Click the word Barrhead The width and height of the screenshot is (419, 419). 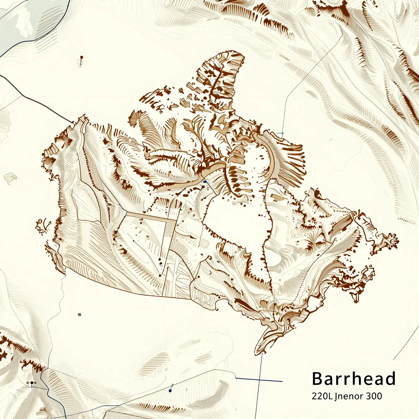tap(354, 379)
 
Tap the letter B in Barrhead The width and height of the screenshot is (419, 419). tap(318, 379)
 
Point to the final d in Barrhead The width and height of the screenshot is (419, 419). tap(390, 379)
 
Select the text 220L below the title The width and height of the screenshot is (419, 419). tap(322, 396)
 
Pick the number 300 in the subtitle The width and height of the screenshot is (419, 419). tap(375, 396)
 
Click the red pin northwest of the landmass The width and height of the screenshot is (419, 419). tap(81, 58)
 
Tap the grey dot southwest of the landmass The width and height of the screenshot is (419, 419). tap(79, 314)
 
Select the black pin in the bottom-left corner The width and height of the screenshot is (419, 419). tap(32, 383)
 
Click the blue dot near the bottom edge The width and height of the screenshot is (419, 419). tap(170, 391)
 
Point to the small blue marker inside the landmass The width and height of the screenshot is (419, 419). tap(204, 181)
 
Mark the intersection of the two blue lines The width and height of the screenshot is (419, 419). tap(260, 379)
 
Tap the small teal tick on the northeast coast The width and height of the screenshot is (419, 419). tap(281, 133)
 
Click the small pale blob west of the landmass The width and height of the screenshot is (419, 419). tap(10, 177)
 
